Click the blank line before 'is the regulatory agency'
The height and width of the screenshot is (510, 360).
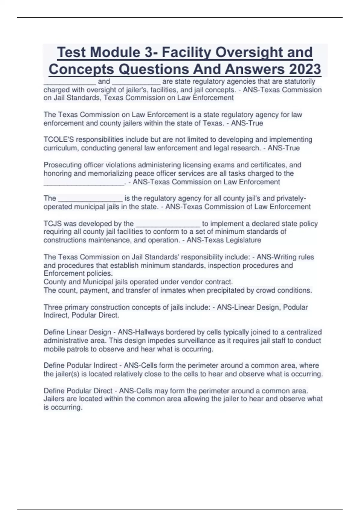tap(90, 198)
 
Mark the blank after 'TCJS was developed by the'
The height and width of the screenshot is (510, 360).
tap(168, 223)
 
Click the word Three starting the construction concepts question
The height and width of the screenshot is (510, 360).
tap(53, 307)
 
